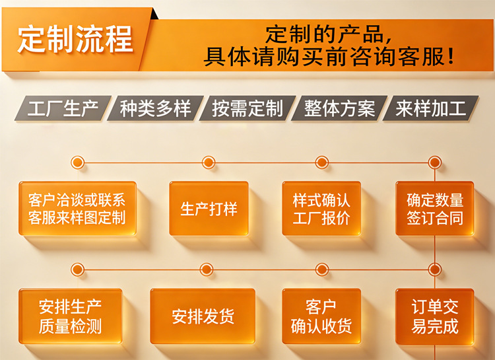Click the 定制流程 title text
point(75,39)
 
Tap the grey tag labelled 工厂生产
point(63,108)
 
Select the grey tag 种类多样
point(155,108)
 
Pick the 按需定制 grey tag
point(247,108)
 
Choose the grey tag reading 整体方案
point(339,108)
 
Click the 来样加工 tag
point(430,108)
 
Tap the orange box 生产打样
point(209,208)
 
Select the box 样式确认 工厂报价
point(321,208)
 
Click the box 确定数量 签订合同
point(435,208)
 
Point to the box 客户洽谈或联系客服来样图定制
point(77,208)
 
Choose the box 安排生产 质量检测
point(71,316)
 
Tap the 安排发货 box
point(203,316)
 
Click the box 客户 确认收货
point(321,316)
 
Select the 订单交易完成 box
point(435,316)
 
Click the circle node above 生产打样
point(209,162)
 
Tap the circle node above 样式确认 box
point(321,162)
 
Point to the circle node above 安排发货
point(207,270)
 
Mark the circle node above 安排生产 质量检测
point(77,270)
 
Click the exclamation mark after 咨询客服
point(451,57)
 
